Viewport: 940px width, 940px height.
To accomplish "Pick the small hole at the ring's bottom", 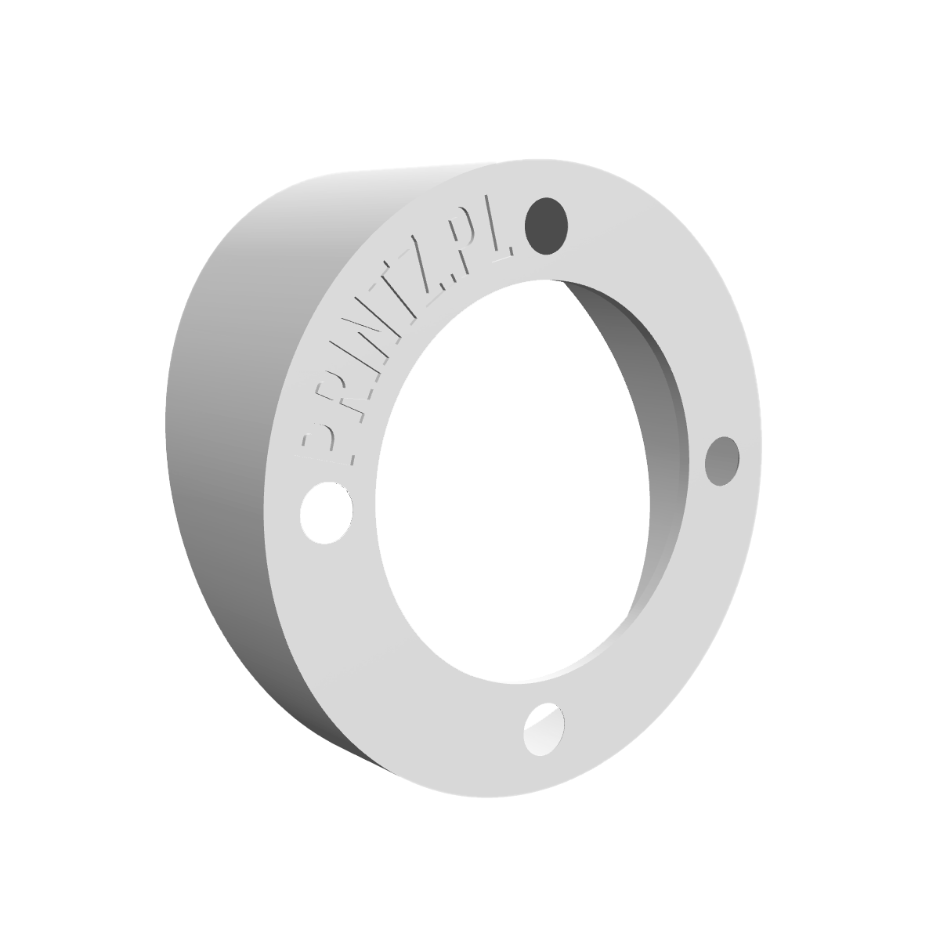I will [x=544, y=729].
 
